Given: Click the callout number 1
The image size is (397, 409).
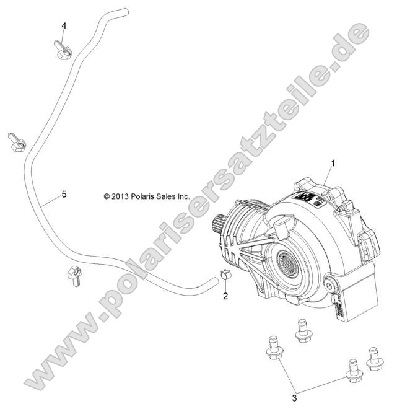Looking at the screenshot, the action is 333,164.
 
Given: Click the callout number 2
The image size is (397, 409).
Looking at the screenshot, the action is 225,296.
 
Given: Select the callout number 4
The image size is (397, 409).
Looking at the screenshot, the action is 64,25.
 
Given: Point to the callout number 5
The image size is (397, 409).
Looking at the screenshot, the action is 64,195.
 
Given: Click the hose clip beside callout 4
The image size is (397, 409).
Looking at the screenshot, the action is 63,50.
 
